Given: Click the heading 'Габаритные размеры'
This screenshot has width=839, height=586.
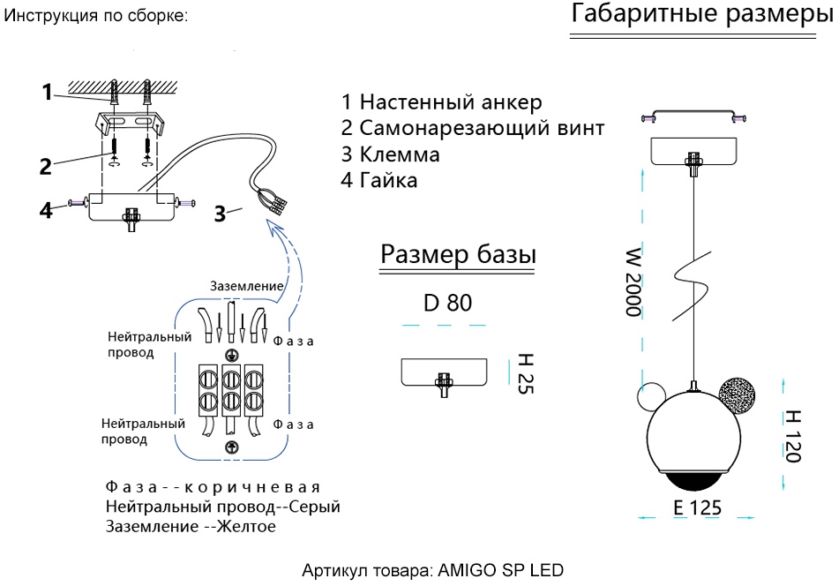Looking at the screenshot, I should tap(701, 15).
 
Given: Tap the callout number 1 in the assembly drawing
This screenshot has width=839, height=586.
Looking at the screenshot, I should tap(48, 92).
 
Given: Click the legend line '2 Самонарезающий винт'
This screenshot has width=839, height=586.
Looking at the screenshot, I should tap(473, 128).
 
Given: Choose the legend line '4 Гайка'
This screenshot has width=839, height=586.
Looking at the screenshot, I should tap(379, 181).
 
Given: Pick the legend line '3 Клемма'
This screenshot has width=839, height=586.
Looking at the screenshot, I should tap(391, 154).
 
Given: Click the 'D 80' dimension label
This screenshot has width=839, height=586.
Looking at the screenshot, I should tap(447, 303).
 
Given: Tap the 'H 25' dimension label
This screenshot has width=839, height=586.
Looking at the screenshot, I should tap(525, 373).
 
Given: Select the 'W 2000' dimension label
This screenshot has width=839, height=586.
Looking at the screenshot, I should tap(633, 282).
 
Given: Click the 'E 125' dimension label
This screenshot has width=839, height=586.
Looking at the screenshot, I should tap(697, 507).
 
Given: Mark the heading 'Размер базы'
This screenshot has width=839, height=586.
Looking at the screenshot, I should tap(458, 255).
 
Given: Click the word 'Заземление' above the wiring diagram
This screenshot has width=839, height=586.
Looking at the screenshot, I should tap(246, 286).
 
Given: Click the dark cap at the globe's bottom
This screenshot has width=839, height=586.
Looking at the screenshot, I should tap(693, 481).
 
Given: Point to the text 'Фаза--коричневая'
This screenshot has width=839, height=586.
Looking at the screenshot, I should tap(212, 487).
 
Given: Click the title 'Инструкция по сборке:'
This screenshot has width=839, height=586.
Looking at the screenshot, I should tap(96, 17).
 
